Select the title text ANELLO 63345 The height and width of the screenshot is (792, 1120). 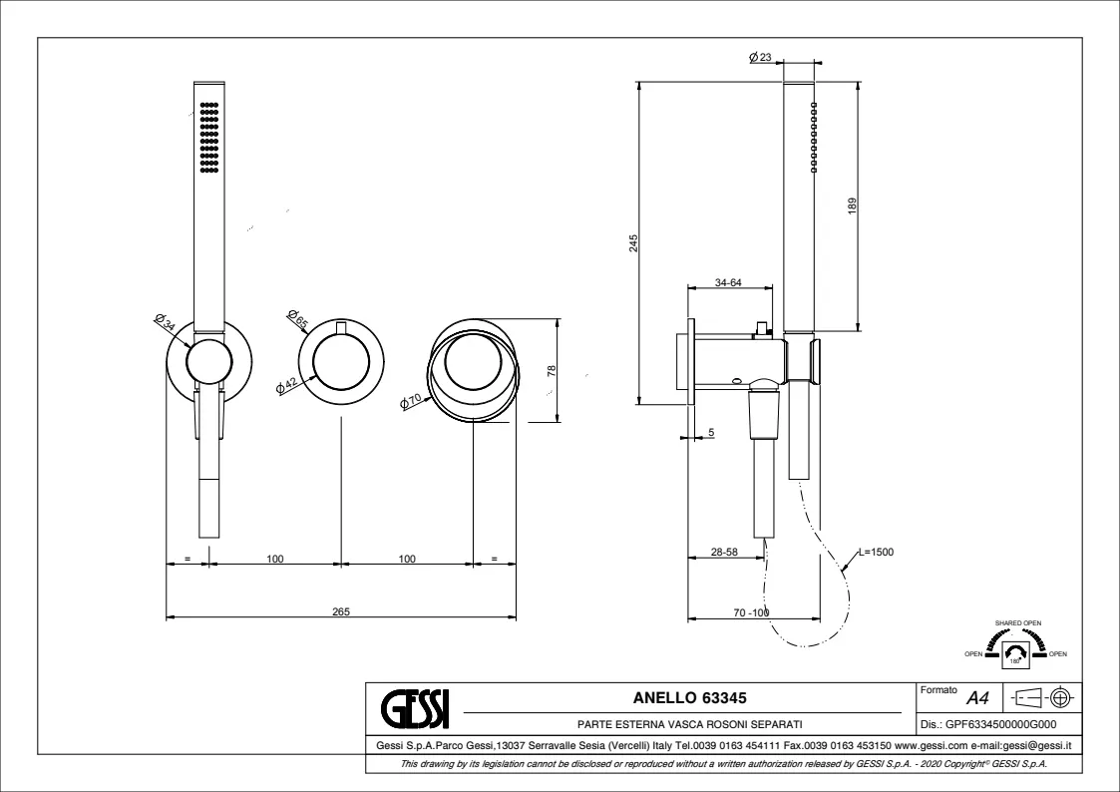point(690,698)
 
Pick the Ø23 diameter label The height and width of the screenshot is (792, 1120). point(760,59)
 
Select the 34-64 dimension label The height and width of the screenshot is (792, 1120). point(729,283)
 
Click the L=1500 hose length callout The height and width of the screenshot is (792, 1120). point(876,551)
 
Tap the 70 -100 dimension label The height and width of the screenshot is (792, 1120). point(751,612)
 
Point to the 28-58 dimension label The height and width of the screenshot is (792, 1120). point(725,551)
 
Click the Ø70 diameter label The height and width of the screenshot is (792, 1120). point(411,401)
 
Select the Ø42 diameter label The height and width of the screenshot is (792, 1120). point(288,384)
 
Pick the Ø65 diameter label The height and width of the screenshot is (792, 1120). point(297,320)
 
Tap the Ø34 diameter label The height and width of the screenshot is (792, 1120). point(166,322)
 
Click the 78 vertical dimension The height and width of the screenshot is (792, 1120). point(552,371)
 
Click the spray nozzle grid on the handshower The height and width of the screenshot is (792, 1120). point(208,138)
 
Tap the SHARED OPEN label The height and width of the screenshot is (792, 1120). point(1017,622)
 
